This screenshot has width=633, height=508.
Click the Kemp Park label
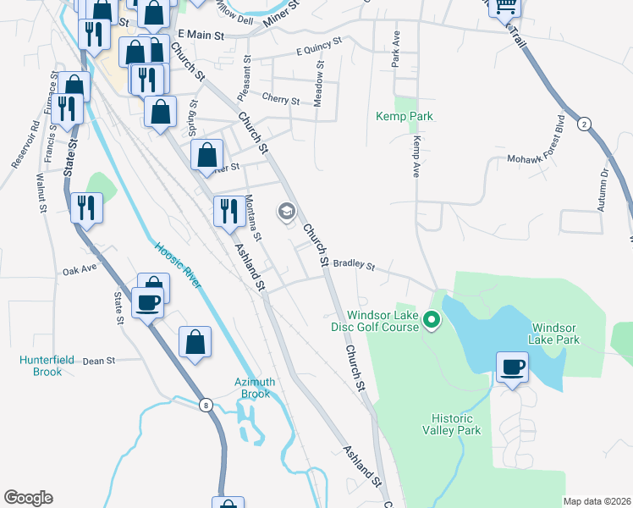[405, 115]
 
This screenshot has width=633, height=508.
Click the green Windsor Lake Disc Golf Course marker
[432, 320]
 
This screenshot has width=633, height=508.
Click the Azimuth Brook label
[252, 388]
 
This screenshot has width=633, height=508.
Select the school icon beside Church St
[286, 211]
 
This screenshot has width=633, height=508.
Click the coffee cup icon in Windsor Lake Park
[513, 367]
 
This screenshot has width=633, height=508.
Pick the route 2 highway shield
[584, 124]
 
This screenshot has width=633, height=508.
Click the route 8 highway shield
[206, 406]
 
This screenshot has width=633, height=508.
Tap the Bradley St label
[354, 265]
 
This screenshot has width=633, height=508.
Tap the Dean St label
[99, 361]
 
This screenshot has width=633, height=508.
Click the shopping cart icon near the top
[506, 7]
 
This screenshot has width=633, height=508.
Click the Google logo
[28, 498]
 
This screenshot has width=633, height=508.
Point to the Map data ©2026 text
[597, 501]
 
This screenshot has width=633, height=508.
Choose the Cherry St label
[281, 100]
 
